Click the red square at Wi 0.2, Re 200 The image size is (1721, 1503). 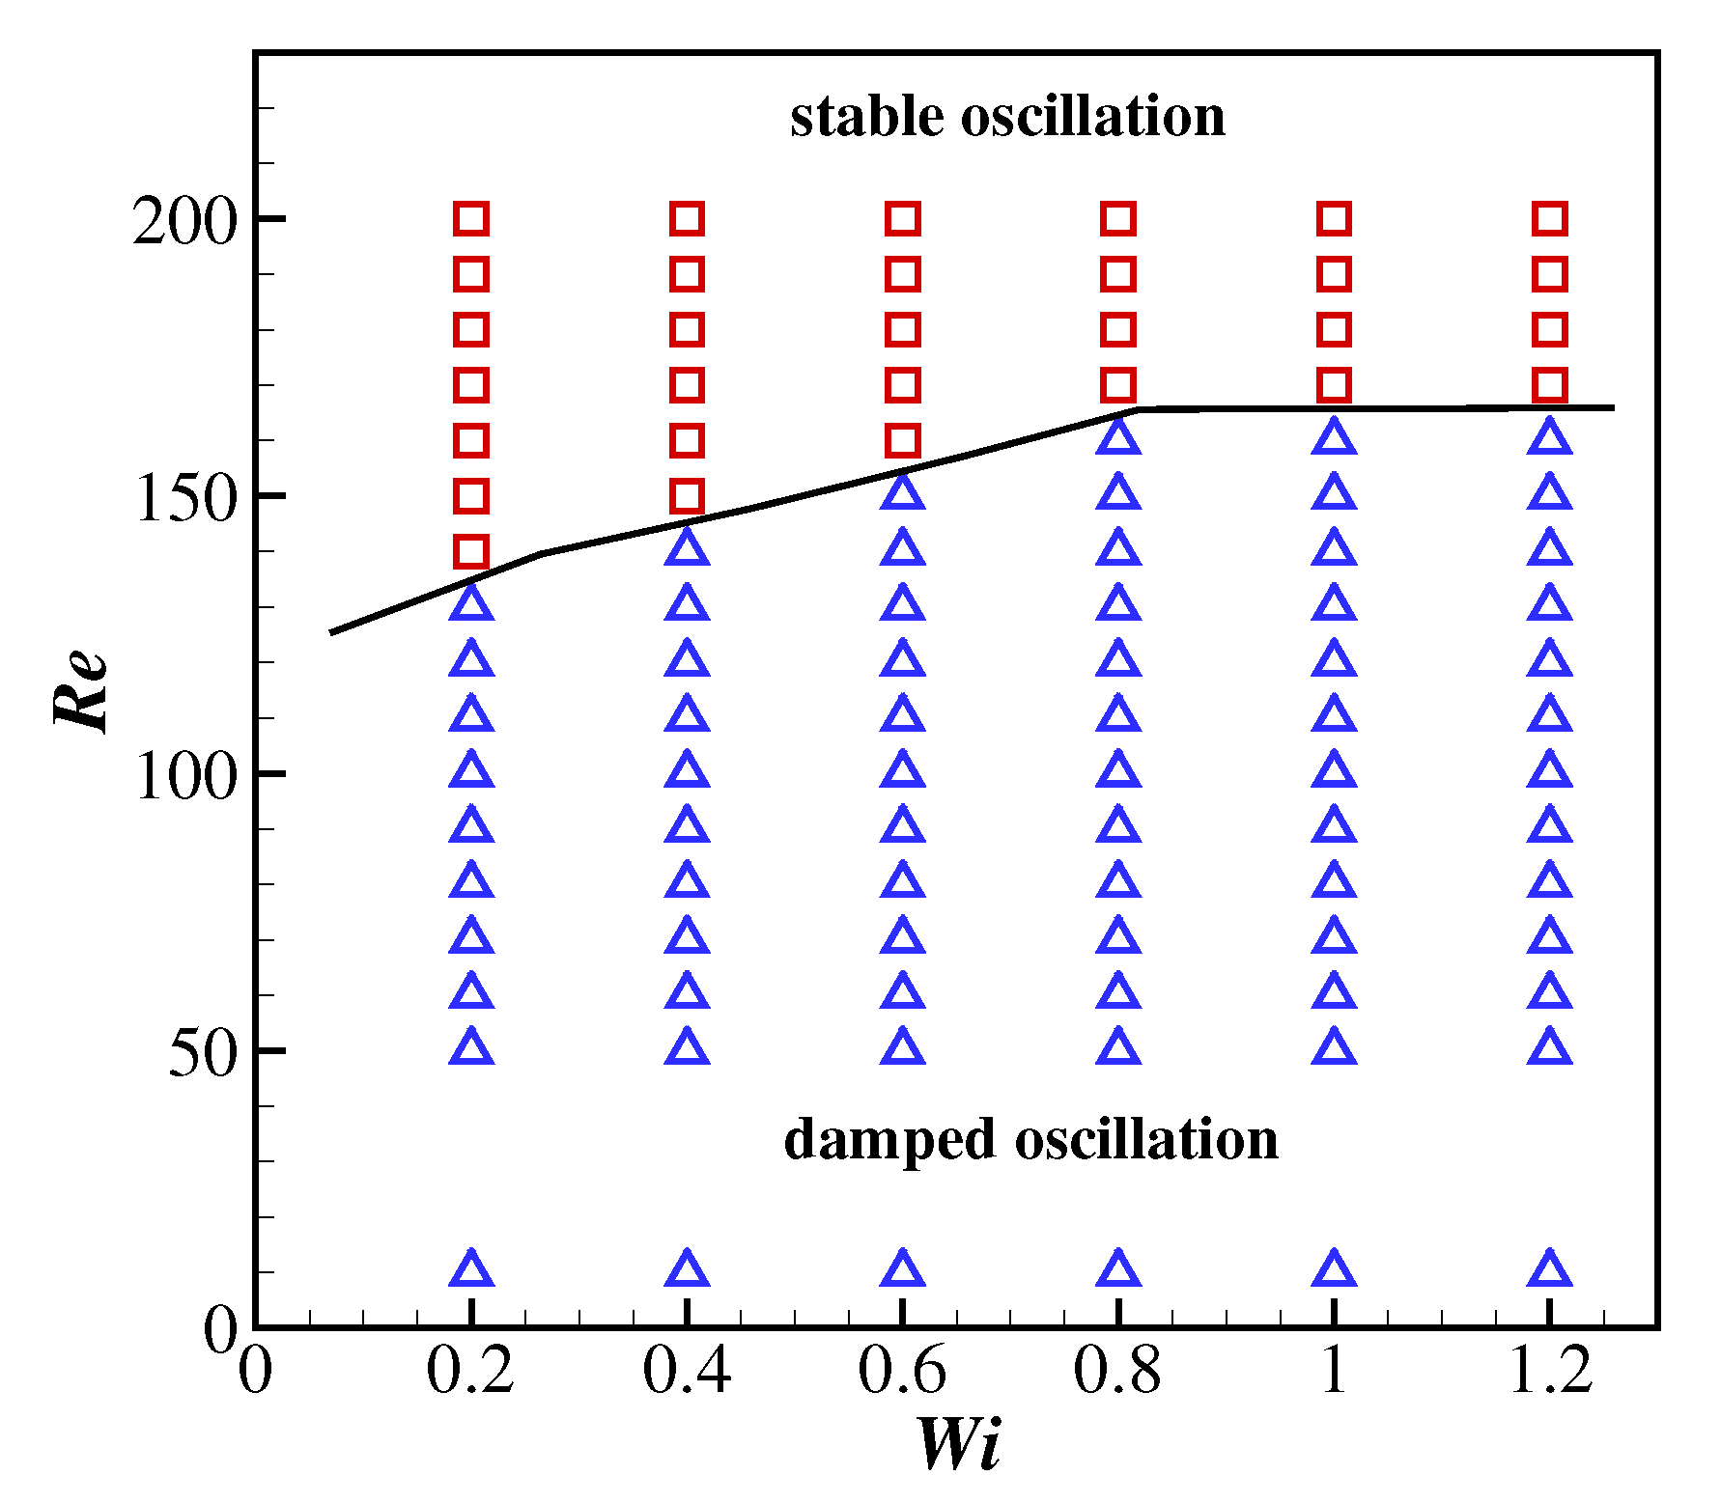(471, 219)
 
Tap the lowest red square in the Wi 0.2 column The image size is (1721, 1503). (471, 551)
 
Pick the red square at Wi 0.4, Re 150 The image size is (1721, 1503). (687, 496)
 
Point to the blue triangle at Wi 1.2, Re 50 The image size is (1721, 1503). (1550, 1047)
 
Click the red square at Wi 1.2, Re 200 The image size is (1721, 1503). (1550, 219)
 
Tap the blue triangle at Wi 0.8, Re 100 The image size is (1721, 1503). (1118, 770)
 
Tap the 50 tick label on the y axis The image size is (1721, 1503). (203, 1053)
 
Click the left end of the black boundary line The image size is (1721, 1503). (332, 632)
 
